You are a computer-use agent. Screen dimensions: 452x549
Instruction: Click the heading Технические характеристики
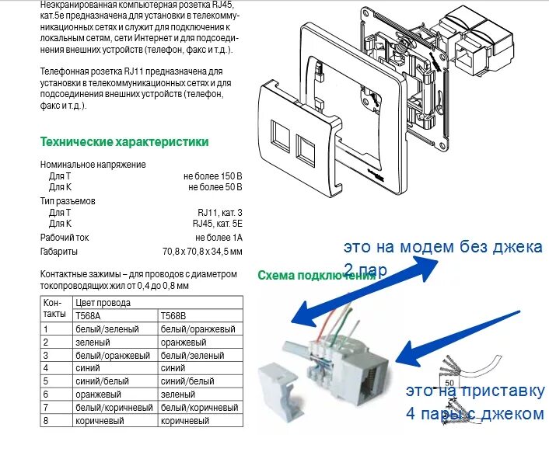point(124,141)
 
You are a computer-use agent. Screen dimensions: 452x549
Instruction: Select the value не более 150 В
point(214,176)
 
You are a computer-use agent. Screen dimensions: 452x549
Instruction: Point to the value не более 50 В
point(215,187)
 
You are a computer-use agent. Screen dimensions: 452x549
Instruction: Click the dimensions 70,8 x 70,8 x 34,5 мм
point(202,252)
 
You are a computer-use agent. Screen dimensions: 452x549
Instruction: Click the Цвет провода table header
point(103,303)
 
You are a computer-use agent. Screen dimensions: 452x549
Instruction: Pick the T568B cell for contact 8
point(184,420)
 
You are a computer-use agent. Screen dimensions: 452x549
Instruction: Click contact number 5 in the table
point(47,381)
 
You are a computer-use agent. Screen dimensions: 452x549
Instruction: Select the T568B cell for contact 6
point(178,395)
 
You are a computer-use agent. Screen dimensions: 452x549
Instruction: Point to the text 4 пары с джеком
point(474,414)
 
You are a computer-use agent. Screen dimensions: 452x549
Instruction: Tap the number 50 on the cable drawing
point(448,383)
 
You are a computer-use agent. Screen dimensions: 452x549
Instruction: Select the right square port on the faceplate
point(304,144)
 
